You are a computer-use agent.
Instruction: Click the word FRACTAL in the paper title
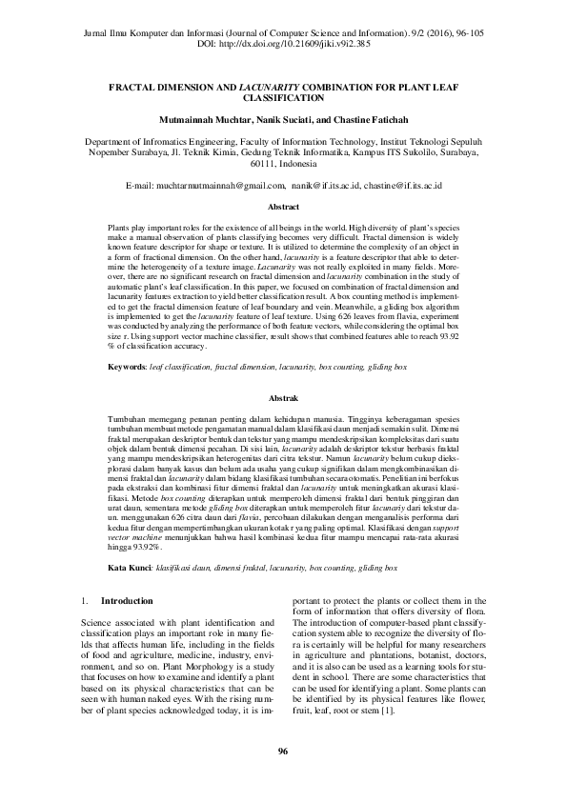click(x=139, y=85)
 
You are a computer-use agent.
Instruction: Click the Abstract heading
click(x=283, y=206)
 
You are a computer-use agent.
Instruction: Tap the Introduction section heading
click(x=127, y=601)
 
